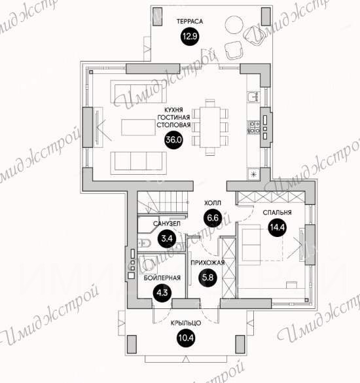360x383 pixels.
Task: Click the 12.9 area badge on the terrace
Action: (190, 37)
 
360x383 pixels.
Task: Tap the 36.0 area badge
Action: (173, 140)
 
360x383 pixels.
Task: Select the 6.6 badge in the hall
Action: (213, 217)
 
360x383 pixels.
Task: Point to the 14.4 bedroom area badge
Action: (278, 228)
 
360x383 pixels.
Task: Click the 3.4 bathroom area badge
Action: (167, 238)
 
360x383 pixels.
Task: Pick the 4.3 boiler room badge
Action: (162, 293)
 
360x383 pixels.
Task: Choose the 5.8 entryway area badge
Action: (207, 278)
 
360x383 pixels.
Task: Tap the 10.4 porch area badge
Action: (186, 338)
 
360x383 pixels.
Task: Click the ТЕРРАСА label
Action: (190, 22)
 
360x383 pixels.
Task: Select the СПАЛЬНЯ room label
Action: (278, 213)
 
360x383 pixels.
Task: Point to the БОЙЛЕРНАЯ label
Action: (162, 278)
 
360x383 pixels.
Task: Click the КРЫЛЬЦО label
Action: (186, 323)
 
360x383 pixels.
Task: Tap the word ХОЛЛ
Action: (213, 203)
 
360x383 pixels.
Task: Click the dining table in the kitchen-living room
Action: (210, 127)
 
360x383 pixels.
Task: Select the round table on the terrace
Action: (234, 25)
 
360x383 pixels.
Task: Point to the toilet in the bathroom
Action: (145, 244)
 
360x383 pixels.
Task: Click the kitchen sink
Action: (252, 96)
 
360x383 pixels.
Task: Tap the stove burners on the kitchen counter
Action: (254, 128)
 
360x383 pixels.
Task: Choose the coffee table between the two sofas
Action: (139, 127)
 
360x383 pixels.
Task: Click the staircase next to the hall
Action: (162, 202)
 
